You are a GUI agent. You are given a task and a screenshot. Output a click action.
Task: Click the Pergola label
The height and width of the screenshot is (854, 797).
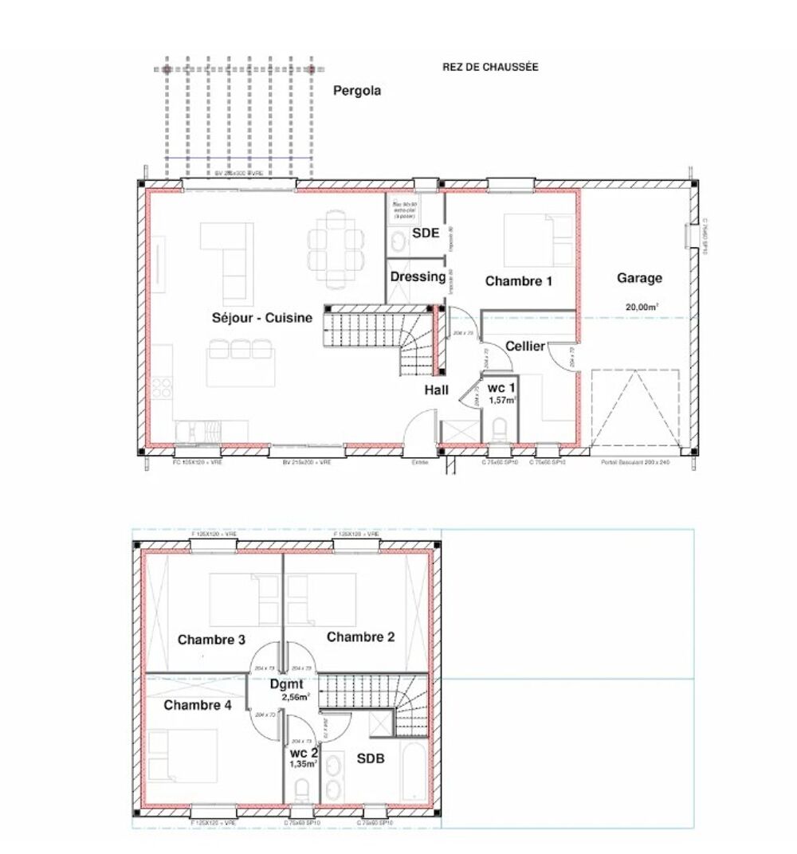pos(356,91)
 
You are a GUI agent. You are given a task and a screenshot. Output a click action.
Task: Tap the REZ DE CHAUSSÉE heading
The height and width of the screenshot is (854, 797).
pos(490,68)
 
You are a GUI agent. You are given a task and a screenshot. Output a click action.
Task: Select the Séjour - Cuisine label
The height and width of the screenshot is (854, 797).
pos(261,319)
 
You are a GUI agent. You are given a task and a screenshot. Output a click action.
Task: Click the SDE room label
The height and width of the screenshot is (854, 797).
pos(426,233)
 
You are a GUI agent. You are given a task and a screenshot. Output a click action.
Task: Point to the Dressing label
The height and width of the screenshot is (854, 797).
pos(418,277)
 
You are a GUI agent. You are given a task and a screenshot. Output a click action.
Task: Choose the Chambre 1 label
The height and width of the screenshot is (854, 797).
pos(519,281)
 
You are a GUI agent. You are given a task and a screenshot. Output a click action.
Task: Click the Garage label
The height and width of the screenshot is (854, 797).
pos(639,278)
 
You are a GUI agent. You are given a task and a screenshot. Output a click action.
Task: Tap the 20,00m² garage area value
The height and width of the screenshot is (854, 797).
pos(642,306)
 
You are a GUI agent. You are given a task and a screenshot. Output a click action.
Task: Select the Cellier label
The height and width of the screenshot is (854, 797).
pos(525,346)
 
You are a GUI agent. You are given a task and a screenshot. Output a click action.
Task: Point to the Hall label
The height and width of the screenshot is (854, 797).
pos(436,390)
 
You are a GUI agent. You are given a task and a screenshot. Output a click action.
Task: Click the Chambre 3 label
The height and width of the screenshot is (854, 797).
pos(211,640)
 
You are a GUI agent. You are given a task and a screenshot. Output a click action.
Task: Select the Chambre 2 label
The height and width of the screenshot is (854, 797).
pos(360,637)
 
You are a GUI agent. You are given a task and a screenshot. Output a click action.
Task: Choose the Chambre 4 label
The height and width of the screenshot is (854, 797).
pos(198,705)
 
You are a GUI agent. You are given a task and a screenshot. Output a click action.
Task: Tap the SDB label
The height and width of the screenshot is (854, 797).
pos(370,759)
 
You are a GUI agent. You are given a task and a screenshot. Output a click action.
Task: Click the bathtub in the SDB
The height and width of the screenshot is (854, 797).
pos(414,772)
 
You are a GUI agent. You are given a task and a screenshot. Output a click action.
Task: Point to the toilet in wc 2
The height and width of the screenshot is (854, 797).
pos(302,791)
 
